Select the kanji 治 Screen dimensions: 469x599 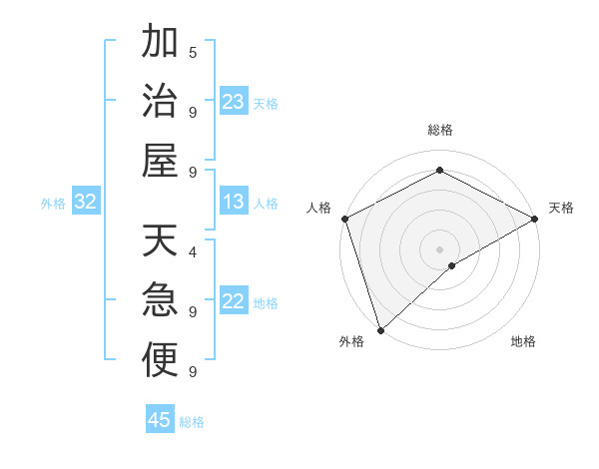[x=160, y=100]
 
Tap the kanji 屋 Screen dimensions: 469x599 [x=160, y=159]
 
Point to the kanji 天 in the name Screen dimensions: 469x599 [x=160, y=242]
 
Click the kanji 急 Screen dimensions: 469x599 [x=160, y=300]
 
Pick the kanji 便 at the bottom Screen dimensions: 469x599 [x=160, y=359]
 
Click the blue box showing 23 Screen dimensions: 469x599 [x=233, y=101]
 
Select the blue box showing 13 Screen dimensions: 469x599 [x=233, y=202]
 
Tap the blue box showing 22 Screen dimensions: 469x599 [x=233, y=301]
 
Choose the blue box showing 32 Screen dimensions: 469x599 [x=85, y=202]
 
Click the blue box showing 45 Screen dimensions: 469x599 [x=160, y=419]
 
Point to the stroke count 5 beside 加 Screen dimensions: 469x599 [x=193, y=52]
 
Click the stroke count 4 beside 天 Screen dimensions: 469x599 [x=193, y=251]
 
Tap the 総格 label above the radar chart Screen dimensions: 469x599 [x=439, y=130]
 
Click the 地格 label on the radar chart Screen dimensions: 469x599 [x=523, y=341]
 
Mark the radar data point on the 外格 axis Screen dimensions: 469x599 [x=379, y=329]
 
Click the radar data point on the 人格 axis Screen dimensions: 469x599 [x=344, y=219]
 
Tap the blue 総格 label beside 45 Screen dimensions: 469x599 [x=192, y=421]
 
